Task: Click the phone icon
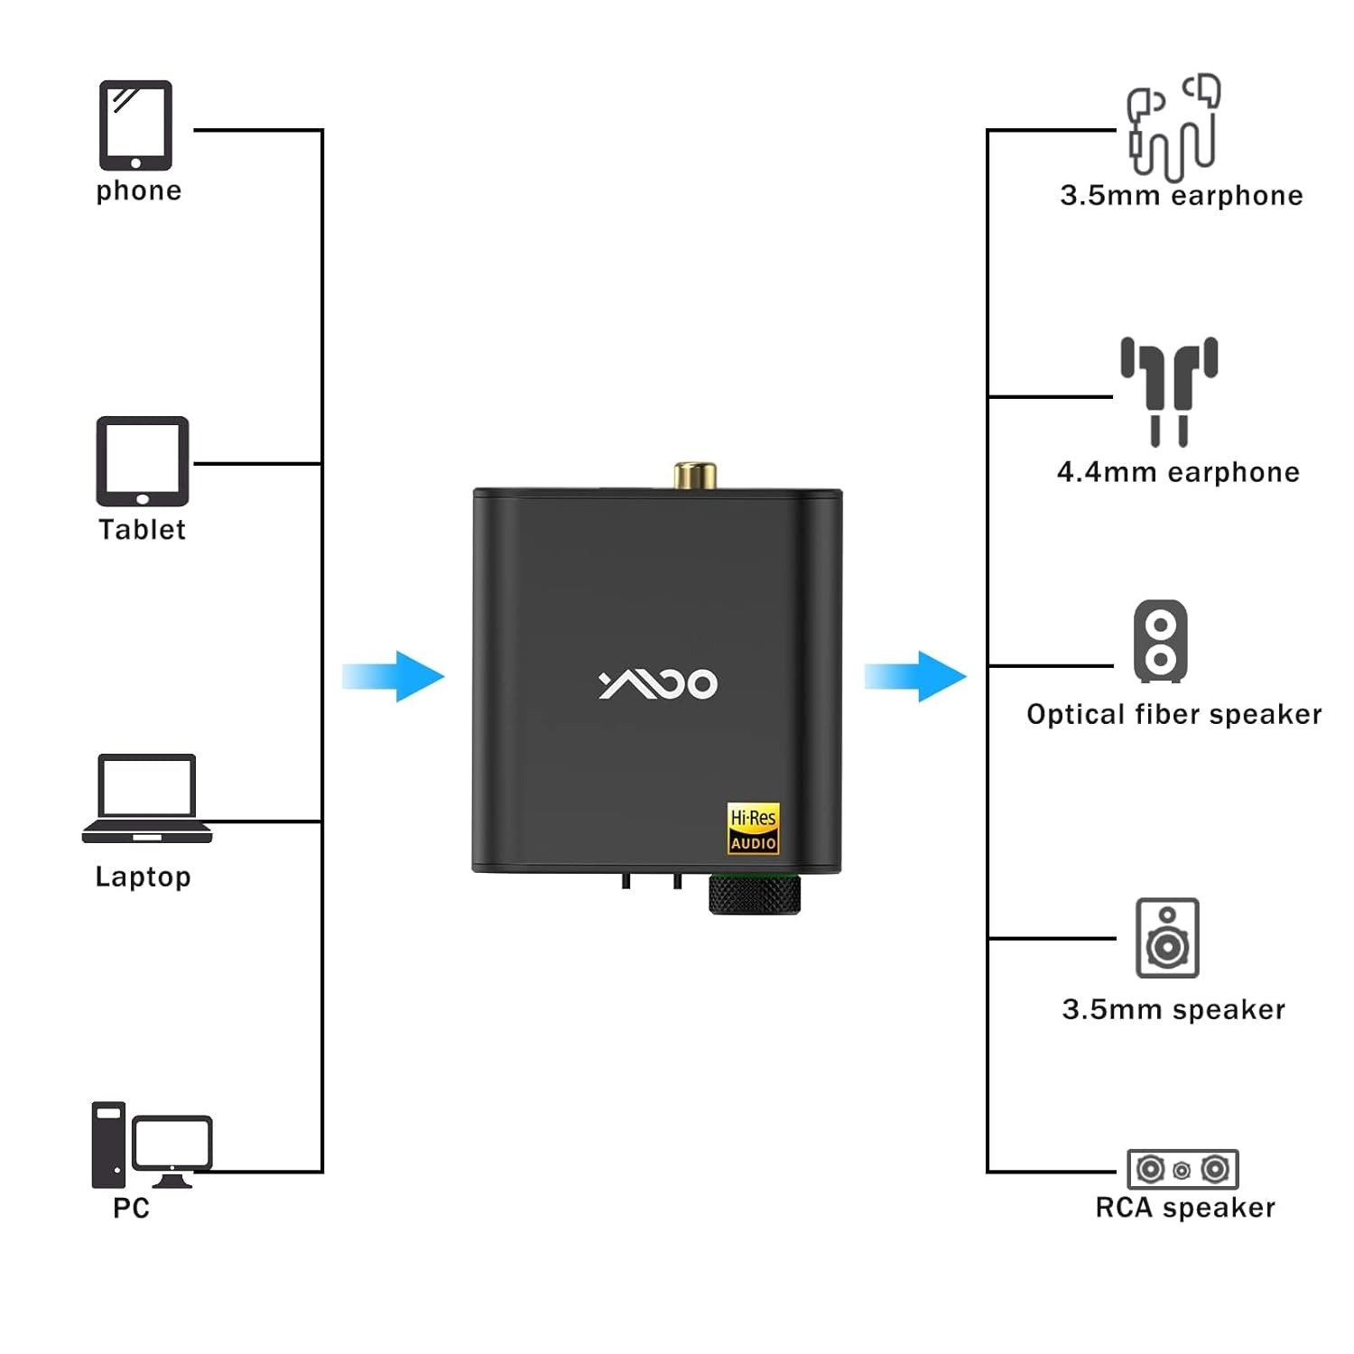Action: pyautogui.click(x=135, y=125)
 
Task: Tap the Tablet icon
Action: pyautogui.click(x=143, y=461)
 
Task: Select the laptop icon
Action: pyautogui.click(x=146, y=799)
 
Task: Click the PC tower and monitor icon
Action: pyautogui.click(x=151, y=1145)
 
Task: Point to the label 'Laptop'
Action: pyautogui.click(x=143, y=877)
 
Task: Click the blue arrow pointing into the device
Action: pyautogui.click(x=394, y=676)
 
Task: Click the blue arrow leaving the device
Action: pyautogui.click(x=915, y=676)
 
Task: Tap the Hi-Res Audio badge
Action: pyautogui.click(x=753, y=829)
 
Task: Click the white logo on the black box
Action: pyautogui.click(x=658, y=684)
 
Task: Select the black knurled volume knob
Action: pyautogui.click(x=755, y=895)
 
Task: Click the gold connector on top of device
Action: pyautogui.click(x=695, y=475)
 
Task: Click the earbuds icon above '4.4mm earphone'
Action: pyautogui.click(x=1169, y=391)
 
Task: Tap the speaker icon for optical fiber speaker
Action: pyautogui.click(x=1161, y=641)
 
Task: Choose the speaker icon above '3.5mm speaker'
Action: pyautogui.click(x=1167, y=938)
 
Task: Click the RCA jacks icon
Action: pyautogui.click(x=1182, y=1170)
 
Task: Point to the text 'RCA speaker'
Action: pyautogui.click(x=1184, y=1208)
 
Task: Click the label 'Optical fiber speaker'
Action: pyautogui.click(x=1173, y=715)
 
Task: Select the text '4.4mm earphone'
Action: pyautogui.click(x=1178, y=472)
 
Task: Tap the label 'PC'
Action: pyautogui.click(x=131, y=1208)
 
